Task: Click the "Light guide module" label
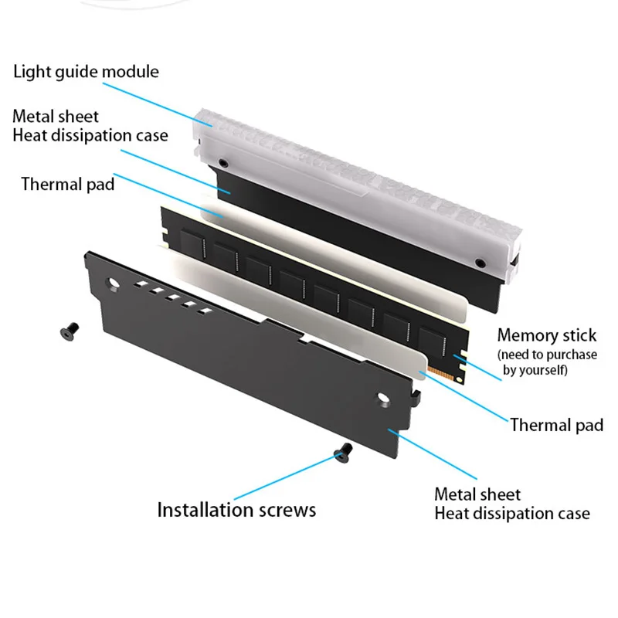coord(86,72)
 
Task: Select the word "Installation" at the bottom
coord(203,510)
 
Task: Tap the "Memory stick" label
coord(546,335)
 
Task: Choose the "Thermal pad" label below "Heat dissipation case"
coord(67,184)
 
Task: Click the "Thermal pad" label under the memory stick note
coord(556,425)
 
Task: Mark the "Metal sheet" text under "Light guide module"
coord(56,117)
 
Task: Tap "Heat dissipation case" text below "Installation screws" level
coord(512,513)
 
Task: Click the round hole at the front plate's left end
coord(114,284)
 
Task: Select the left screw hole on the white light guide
coord(223,163)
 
